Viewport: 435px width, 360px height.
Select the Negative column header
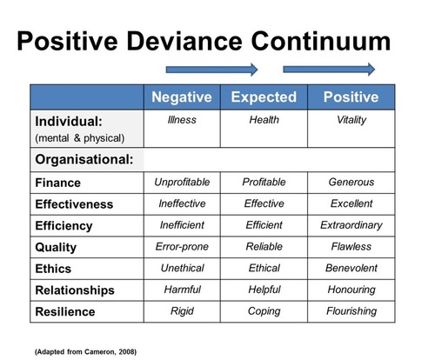pos(182,97)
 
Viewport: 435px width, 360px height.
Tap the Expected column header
pos(264,97)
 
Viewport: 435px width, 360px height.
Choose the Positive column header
pos(351,97)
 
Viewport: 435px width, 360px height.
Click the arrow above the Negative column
pos(211,70)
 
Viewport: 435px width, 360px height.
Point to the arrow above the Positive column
pos(329,70)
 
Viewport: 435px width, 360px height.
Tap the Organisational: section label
pos(84,159)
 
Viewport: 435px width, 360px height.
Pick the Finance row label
pos(58,183)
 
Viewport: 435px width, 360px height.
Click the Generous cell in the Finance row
pos(351,182)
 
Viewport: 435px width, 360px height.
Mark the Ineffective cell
pos(182,203)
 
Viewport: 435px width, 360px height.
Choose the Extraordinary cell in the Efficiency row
pos(351,225)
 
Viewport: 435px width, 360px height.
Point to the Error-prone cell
pos(182,247)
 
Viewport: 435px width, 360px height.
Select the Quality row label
pos(56,248)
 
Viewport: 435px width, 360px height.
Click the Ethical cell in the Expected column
pos(264,268)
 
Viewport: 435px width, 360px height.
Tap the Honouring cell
pos(351,290)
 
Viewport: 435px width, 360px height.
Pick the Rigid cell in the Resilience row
pos(182,311)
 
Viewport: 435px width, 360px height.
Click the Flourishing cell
pos(351,311)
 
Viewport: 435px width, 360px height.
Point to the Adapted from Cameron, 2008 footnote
pos(85,352)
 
